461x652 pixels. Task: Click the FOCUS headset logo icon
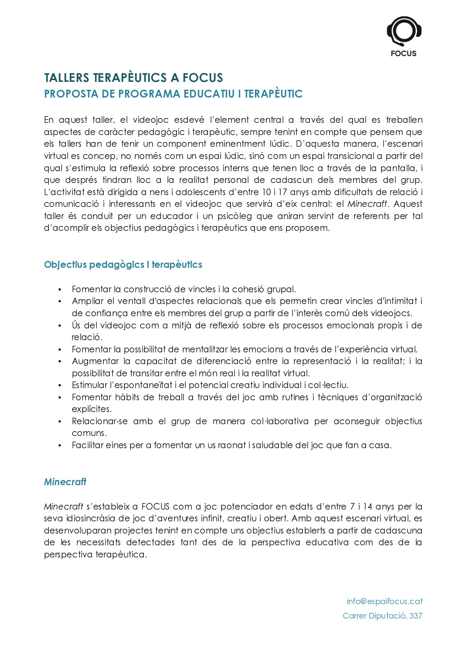click(x=403, y=31)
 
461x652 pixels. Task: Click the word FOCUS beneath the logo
click(x=403, y=54)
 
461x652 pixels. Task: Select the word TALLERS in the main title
click(x=66, y=78)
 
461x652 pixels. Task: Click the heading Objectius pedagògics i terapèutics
click(x=123, y=265)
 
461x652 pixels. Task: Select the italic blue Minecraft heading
click(x=65, y=482)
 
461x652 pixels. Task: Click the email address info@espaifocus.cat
click(x=384, y=601)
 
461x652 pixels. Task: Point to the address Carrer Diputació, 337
click(x=382, y=616)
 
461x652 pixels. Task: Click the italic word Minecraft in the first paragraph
click(x=367, y=204)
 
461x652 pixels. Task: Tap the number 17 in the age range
click(x=283, y=192)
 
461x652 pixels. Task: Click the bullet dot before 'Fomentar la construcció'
click(x=60, y=290)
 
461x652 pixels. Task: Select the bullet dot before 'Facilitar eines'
click(x=60, y=446)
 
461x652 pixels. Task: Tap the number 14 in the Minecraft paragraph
click(x=367, y=507)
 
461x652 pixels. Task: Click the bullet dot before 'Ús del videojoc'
click(x=60, y=326)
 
